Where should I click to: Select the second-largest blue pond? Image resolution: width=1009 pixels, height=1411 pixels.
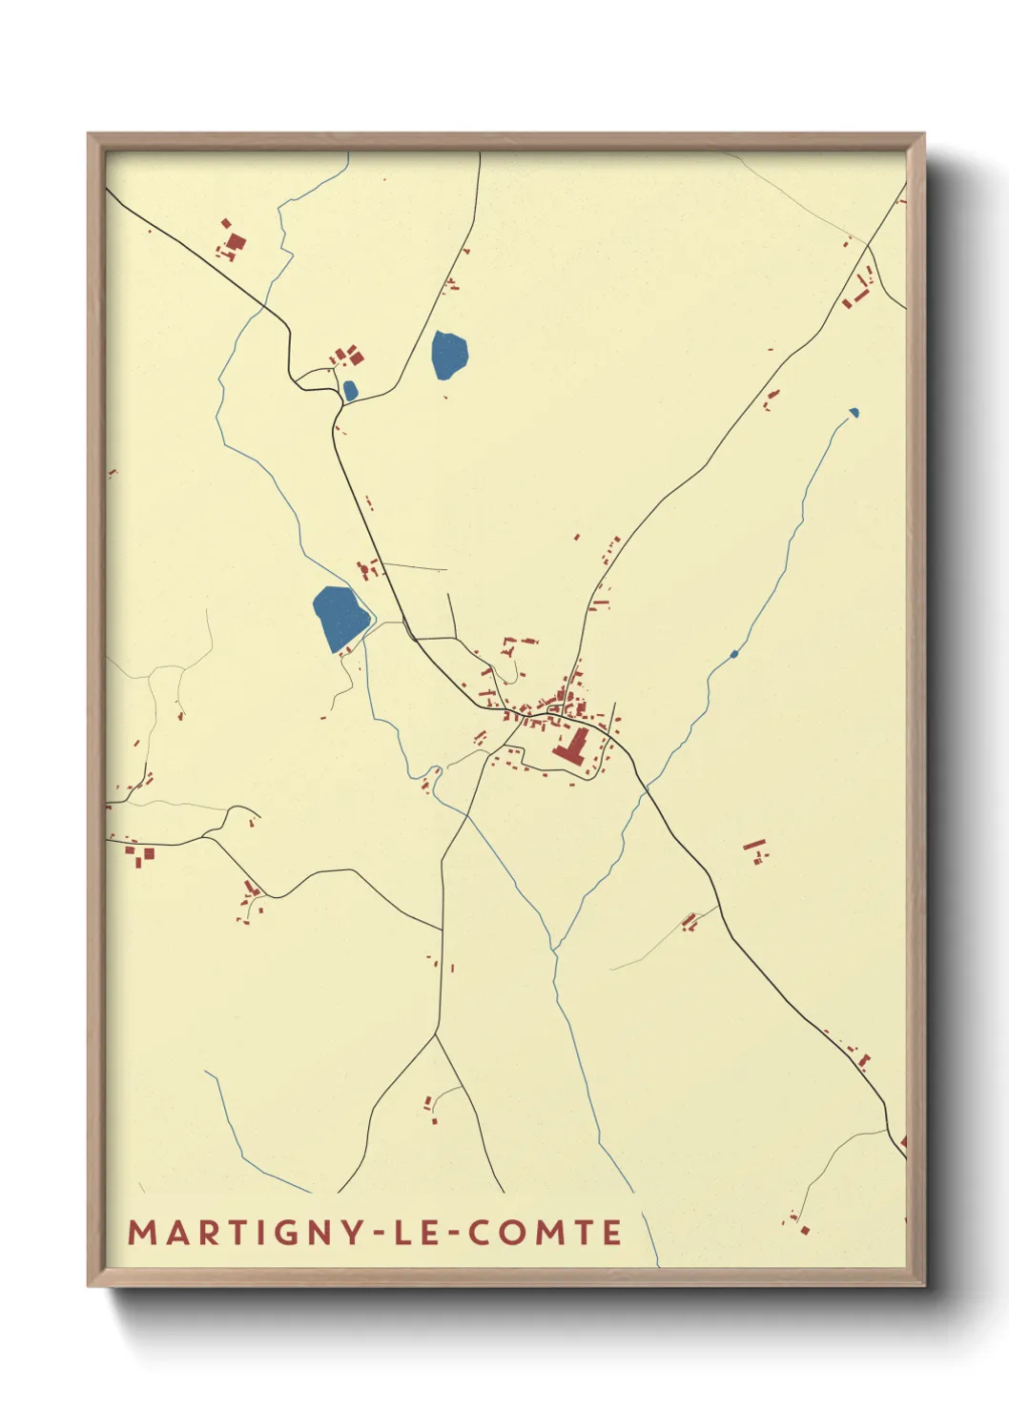(448, 354)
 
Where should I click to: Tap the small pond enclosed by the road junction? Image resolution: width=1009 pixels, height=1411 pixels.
(350, 390)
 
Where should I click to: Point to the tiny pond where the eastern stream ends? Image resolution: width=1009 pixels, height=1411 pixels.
(854, 413)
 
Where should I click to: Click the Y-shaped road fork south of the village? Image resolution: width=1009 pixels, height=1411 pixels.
(436, 1034)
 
